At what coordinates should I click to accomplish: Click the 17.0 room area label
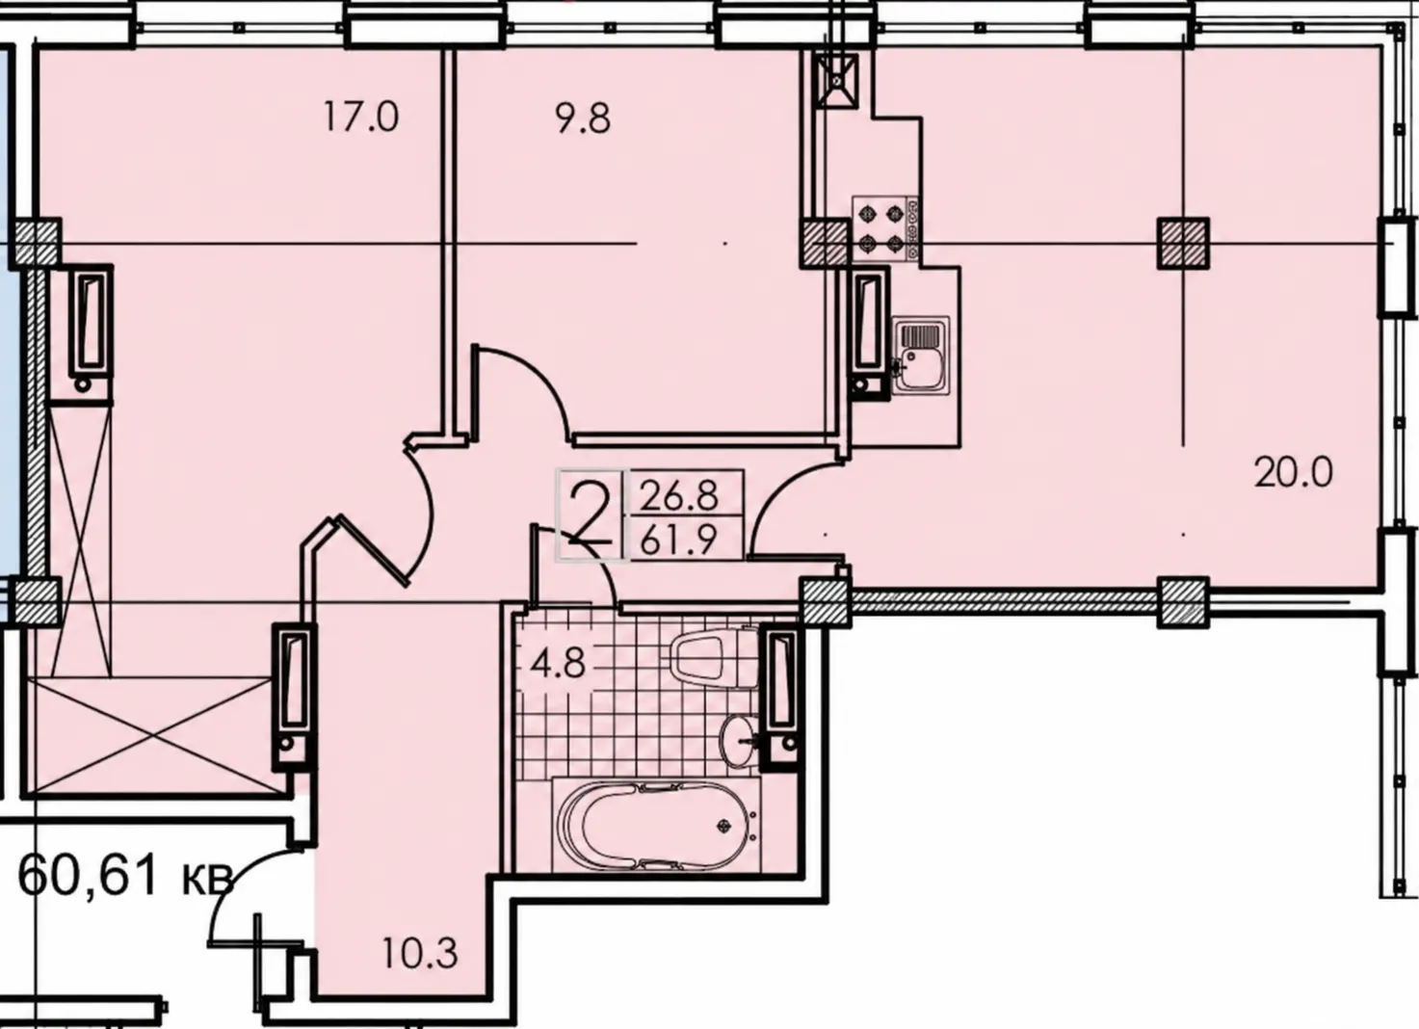[361, 118]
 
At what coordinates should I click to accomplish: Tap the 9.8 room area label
[584, 119]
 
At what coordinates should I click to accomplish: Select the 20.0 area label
[1294, 473]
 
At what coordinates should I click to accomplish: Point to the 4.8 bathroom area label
[558, 665]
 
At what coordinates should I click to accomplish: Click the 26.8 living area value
[679, 496]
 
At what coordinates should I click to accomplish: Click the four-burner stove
[885, 228]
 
